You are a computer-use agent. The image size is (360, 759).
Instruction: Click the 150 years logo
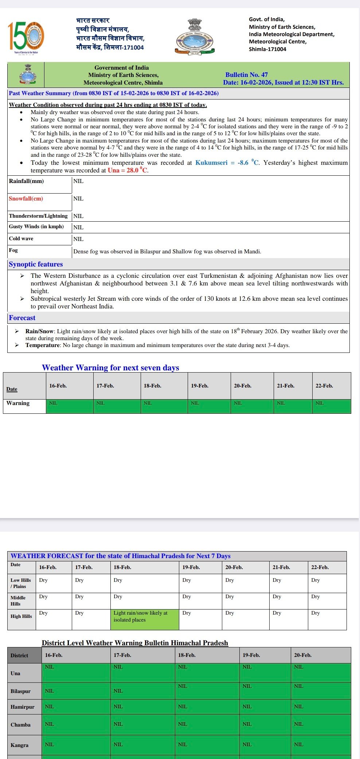coord(26,37)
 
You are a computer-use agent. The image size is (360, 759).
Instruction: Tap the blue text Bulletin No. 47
coord(246,75)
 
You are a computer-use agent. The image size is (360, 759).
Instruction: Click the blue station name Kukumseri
coord(211,163)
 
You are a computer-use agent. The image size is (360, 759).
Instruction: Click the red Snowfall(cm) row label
coord(26,199)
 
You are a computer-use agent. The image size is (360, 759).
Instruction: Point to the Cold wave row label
coord(21,238)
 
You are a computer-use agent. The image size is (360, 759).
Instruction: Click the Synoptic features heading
coord(36,264)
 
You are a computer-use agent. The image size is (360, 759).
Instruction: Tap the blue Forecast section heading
coord(22,318)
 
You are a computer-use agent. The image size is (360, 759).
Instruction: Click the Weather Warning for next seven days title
coord(110,367)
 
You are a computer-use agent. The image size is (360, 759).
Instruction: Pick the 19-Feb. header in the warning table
coord(200,386)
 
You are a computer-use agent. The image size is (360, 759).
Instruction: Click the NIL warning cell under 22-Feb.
coord(331,406)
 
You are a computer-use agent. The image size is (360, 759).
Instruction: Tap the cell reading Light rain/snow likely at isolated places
coord(144,619)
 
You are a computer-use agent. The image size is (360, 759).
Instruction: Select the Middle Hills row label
coord(18,600)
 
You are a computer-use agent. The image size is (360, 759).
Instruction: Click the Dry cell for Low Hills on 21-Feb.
coord(288,583)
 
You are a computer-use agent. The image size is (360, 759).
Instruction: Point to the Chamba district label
coord(21,725)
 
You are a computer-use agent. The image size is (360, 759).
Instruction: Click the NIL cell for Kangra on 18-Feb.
coord(207,745)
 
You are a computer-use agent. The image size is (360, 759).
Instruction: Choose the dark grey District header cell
coord(24,655)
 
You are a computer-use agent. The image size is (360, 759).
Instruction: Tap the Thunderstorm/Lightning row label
coord(38,216)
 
